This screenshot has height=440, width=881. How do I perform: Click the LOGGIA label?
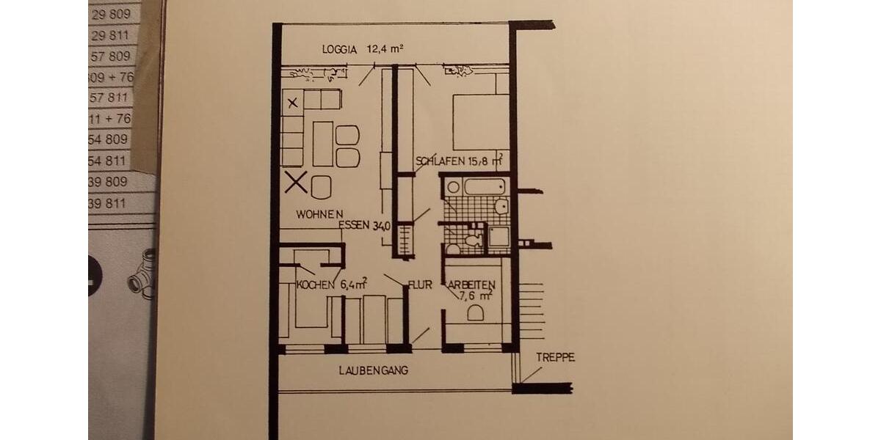point(339,50)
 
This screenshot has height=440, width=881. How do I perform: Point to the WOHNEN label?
point(320,214)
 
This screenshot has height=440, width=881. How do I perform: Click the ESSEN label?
point(355,226)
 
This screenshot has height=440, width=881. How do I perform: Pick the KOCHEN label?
point(316,285)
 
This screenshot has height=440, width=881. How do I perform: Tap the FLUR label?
point(421,285)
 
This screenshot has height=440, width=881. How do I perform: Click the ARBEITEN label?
point(471,285)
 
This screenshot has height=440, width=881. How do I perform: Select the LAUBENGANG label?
point(373,370)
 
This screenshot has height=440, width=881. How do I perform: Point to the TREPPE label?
point(555,358)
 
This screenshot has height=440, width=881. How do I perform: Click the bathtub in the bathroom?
point(484,186)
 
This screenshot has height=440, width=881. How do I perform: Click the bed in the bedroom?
point(481,122)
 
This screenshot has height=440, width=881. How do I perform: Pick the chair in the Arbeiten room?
point(475,314)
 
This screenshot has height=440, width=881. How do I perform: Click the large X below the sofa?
point(296,181)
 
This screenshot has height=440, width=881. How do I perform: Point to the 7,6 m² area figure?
point(476,296)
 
